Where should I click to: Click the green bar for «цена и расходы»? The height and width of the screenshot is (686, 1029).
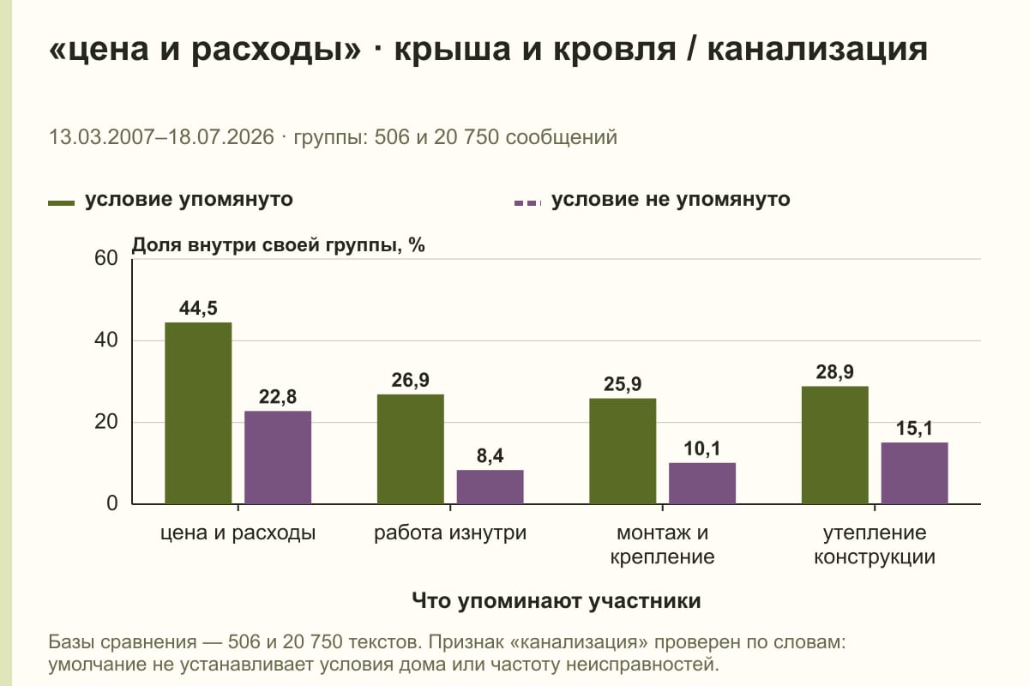point(198,413)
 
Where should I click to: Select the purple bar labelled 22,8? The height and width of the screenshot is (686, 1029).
point(278,457)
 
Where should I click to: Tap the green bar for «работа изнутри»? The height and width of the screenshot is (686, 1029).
point(410,449)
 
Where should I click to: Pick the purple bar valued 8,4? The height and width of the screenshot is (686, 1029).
point(490,486)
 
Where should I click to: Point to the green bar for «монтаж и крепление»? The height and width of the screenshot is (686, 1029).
point(623,451)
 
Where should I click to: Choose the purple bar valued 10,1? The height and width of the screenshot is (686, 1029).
point(702,484)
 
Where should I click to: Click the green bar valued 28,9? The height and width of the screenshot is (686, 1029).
point(834,445)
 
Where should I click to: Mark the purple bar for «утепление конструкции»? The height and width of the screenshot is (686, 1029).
point(914,473)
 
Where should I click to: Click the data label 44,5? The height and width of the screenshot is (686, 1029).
point(198,308)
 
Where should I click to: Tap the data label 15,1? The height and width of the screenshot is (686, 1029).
point(914,428)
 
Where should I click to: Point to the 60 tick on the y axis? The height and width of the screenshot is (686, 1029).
point(106,258)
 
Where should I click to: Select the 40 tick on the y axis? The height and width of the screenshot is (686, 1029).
point(106,340)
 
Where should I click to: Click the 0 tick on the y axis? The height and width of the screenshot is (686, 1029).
point(112,503)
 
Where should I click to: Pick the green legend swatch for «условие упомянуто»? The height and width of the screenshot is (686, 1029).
point(61,203)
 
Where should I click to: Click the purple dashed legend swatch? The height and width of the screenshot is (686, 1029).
point(528,203)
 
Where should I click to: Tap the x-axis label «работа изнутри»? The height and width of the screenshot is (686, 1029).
point(450,533)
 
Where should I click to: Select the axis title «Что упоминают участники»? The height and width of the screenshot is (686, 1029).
point(557,601)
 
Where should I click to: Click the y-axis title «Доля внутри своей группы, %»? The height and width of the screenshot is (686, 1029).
point(279,245)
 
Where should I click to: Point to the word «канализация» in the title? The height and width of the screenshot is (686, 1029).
point(818,50)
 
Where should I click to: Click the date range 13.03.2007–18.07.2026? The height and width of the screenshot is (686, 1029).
point(161,137)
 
